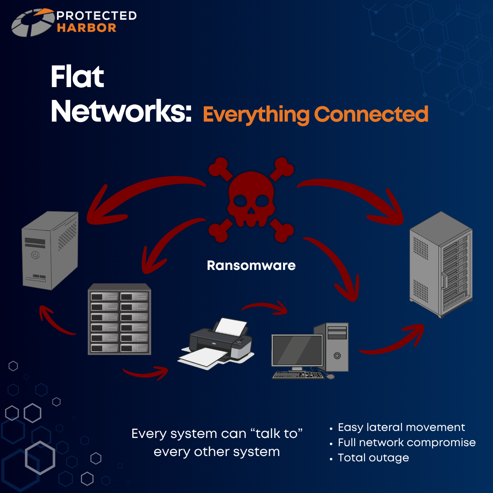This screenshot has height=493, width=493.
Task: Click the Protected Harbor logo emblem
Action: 33,23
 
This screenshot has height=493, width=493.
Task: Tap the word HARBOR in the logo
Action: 87,28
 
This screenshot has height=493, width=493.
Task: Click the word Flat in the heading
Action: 77,77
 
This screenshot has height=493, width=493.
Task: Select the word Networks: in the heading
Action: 121,111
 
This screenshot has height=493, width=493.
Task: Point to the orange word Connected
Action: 371,114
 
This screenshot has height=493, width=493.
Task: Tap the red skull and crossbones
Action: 251,199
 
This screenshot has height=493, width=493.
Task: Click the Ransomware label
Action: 251,265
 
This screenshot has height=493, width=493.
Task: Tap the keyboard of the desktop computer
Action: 298,375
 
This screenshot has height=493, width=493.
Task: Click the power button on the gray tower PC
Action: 35,255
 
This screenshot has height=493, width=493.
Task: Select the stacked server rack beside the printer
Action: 119,319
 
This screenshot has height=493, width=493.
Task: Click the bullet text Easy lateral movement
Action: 401,427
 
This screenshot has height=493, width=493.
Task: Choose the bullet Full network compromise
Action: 407,442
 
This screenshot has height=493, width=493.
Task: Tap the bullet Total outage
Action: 373,458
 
